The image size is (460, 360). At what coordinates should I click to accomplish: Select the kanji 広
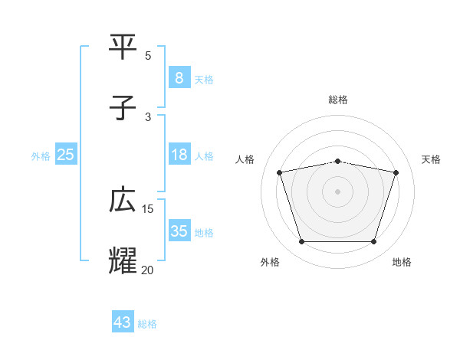(123, 200)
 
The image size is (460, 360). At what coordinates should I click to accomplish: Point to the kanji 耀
(123, 260)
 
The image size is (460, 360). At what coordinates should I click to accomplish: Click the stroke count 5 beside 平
(148, 55)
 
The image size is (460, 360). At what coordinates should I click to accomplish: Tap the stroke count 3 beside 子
(148, 116)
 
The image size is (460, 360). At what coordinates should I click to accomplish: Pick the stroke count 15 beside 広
(148, 208)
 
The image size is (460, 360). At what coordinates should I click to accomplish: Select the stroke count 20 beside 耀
(148, 269)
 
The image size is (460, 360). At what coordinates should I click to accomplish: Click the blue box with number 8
(179, 78)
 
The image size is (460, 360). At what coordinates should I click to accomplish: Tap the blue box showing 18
(179, 155)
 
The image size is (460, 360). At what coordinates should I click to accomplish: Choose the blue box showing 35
(179, 231)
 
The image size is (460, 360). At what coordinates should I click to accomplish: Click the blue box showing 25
(66, 155)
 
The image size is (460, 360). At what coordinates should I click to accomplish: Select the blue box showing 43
(123, 322)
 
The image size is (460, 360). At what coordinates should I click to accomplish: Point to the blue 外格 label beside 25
(41, 156)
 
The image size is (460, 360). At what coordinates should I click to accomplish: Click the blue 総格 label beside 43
(147, 324)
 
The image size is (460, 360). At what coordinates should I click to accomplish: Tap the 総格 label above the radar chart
(337, 100)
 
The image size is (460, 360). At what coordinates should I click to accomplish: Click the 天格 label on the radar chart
(431, 159)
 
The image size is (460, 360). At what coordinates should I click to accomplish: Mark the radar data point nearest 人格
(279, 173)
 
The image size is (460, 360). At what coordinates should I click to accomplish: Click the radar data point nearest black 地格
(373, 242)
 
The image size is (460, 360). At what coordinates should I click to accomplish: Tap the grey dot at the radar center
(337, 191)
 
